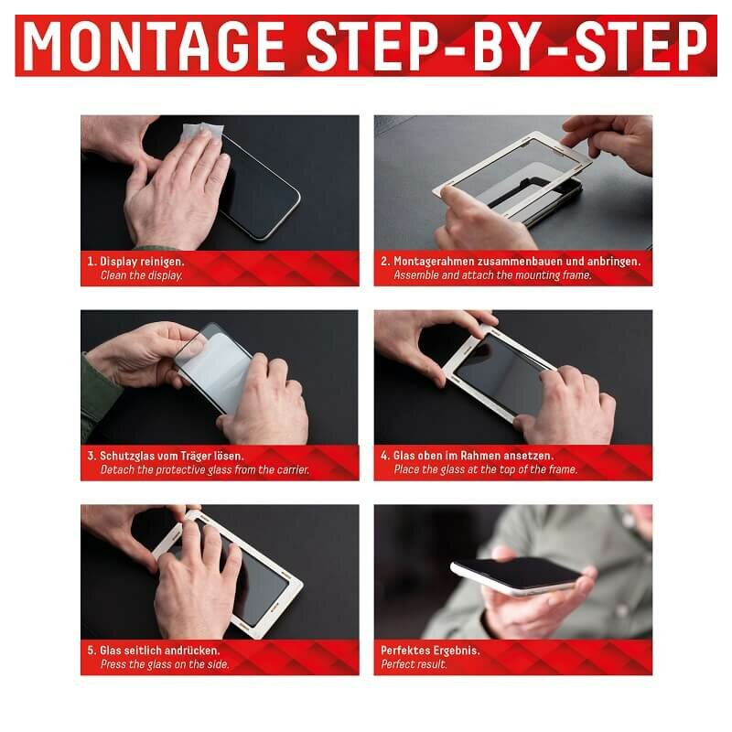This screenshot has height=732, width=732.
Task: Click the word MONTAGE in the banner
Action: (154, 46)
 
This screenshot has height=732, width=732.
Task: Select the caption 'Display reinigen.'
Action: (142, 262)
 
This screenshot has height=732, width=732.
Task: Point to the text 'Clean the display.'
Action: (142, 275)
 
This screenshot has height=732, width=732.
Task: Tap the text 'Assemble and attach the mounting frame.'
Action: (492, 275)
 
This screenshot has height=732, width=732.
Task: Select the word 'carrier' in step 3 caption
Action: (293, 469)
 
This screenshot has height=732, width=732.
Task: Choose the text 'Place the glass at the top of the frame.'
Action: (486, 469)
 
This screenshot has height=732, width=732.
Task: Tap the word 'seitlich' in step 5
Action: (135, 651)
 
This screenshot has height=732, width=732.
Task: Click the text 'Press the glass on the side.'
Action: (165, 664)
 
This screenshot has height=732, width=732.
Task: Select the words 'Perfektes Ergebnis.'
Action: (430, 651)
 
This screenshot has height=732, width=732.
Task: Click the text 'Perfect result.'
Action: (414, 664)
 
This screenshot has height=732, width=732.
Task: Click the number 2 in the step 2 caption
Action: (383, 262)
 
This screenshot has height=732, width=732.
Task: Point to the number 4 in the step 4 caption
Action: (383, 456)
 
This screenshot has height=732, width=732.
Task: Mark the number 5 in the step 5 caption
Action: (91, 651)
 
